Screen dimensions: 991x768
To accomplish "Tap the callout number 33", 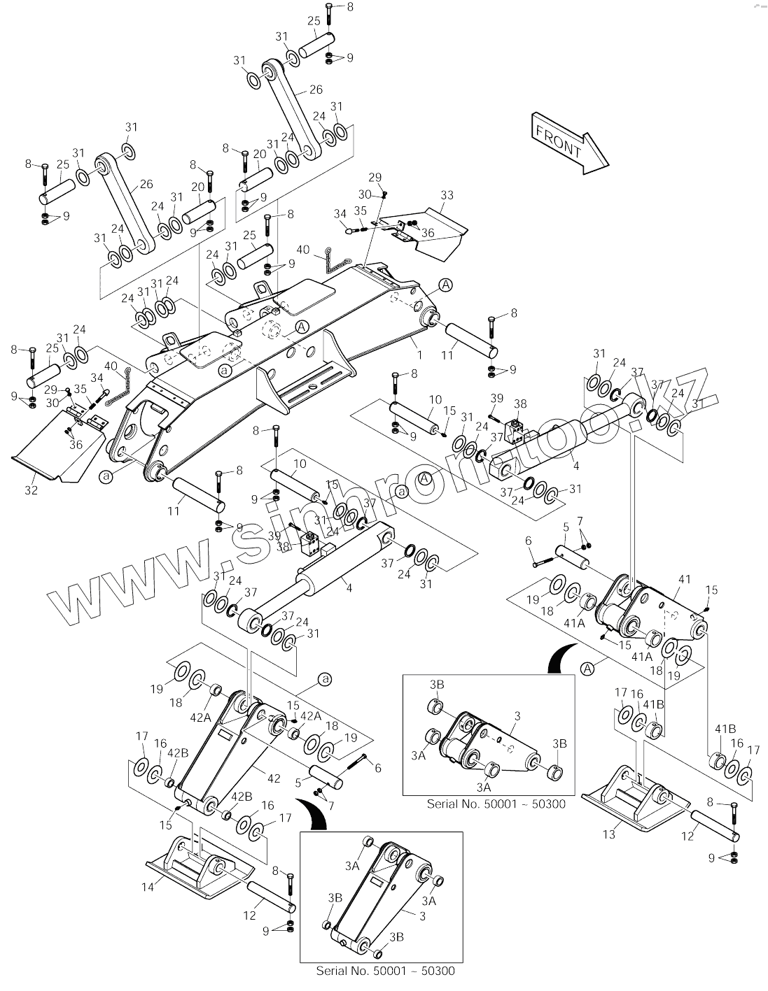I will [447, 194].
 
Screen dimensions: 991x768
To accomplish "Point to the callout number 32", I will [31, 490].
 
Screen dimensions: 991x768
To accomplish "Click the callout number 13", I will [610, 834].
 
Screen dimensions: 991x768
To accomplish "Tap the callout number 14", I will [147, 887].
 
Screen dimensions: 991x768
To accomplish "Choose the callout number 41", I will [684, 579].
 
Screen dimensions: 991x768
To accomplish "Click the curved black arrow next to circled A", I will [560, 657].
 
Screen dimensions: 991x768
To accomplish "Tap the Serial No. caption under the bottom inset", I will [385, 971].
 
